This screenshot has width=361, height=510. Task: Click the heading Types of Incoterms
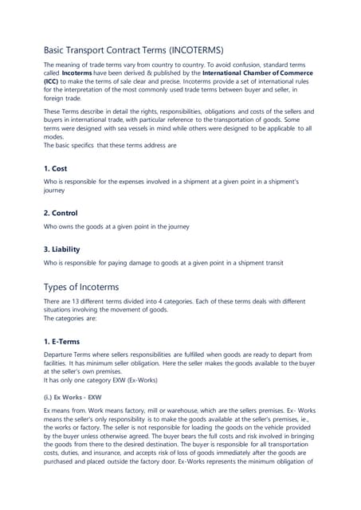point(81,286)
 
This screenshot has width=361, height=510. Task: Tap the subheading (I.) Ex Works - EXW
point(73,395)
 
